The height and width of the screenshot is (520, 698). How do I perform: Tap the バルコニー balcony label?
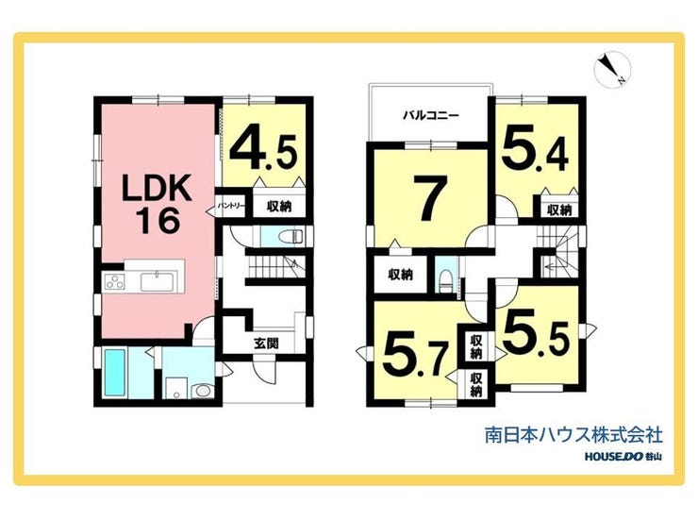(430, 116)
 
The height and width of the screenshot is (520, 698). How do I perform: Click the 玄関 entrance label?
(265, 344)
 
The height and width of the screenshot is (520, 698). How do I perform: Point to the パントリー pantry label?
(232, 205)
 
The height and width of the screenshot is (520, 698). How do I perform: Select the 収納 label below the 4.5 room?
(277, 205)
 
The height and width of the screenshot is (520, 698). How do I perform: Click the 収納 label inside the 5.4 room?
(558, 209)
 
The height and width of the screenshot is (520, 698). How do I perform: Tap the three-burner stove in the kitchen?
(114, 280)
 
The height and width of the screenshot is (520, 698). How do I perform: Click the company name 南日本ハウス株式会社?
(573, 436)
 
